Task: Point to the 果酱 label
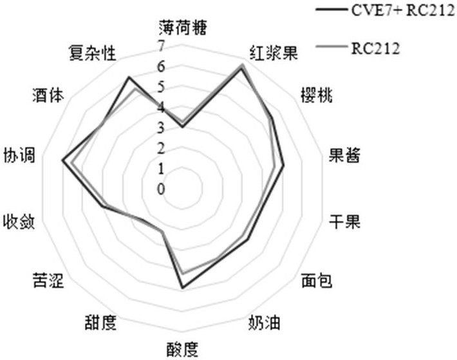click(x=344, y=155)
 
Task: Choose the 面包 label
click(x=317, y=281)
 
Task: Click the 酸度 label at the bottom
click(x=182, y=348)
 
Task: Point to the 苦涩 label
click(x=48, y=281)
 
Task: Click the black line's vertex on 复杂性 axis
click(x=129, y=78)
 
